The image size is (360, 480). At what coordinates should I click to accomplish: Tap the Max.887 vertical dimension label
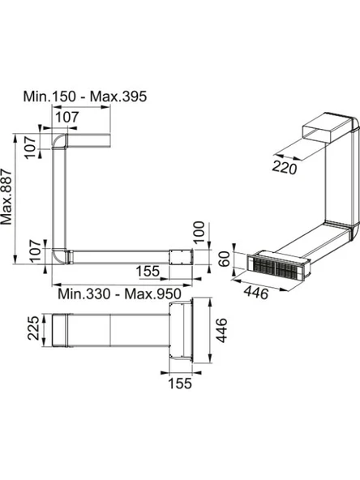(6, 197)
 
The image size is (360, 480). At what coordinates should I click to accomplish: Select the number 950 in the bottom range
(169, 294)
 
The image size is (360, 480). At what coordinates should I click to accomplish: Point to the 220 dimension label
(285, 168)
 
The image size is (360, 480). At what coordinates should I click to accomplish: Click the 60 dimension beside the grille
(225, 259)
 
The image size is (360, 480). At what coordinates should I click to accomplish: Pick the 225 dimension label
(34, 328)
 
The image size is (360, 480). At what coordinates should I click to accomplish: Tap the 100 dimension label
(199, 232)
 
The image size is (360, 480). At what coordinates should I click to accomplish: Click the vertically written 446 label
(221, 330)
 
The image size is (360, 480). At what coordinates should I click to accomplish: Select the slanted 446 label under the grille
(256, 293)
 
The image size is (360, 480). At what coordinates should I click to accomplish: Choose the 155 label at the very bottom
(180, 384)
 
